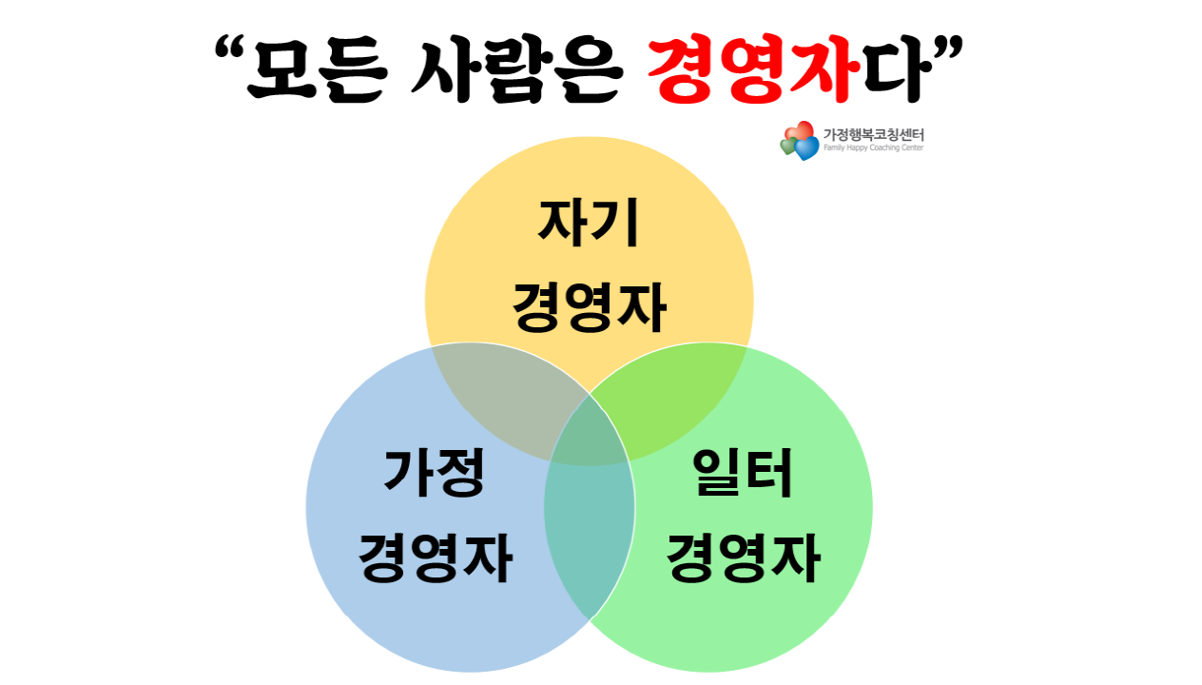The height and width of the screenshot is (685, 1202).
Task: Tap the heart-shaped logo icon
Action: coord(799,141)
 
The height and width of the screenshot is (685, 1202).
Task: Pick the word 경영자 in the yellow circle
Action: coord(589,306)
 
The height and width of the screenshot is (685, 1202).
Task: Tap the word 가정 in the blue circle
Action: coord(434,473)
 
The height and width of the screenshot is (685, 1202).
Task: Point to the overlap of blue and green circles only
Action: coord(589,533)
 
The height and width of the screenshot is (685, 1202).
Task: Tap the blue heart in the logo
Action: coord(806,148)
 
